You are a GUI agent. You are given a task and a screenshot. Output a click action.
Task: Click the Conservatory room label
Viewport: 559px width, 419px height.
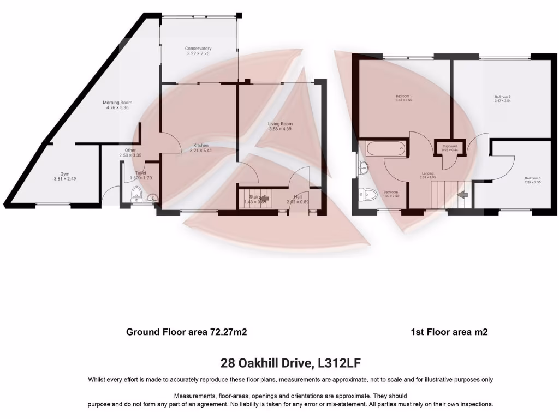point(198,49)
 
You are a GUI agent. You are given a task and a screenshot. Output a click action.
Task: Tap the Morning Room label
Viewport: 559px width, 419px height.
point(118,103)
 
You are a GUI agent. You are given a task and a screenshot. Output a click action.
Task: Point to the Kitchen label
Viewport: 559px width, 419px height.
point(200,145)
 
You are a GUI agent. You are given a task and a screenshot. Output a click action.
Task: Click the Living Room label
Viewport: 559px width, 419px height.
point(280,124)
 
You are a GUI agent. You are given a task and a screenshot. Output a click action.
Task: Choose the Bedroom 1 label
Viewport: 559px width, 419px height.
point(403,97)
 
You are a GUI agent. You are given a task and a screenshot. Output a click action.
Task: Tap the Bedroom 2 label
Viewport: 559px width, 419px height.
point(502,97)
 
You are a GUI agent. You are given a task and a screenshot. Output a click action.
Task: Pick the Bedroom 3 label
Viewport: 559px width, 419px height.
point(533,178)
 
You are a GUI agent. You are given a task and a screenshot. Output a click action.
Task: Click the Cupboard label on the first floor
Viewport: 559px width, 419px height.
point(450,146)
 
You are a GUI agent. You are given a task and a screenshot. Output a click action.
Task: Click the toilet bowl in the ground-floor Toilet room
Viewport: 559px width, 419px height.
point(136,193)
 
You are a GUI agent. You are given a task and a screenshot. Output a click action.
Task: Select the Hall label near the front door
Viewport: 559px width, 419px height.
point(298,196)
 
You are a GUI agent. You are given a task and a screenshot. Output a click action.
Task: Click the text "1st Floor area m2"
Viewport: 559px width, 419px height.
point(449,332)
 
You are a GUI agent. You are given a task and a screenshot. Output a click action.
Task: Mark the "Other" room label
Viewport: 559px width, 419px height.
point(130,150)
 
